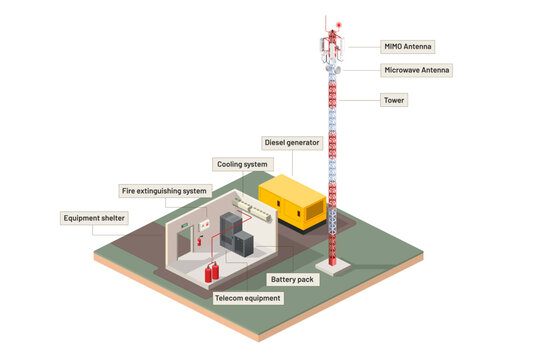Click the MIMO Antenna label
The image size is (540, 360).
tap(409, 46)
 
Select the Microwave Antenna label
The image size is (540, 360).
tap(417, 70)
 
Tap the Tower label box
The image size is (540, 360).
tap(395, 100)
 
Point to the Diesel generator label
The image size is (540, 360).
tap(291, 143)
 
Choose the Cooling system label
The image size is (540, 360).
tap(241, 163)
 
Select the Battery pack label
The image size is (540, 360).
tap(293, 279)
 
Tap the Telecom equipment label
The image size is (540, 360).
tap(249, 297)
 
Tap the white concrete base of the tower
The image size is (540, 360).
tap(340, 265)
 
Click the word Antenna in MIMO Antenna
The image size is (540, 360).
tap(419, 46)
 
